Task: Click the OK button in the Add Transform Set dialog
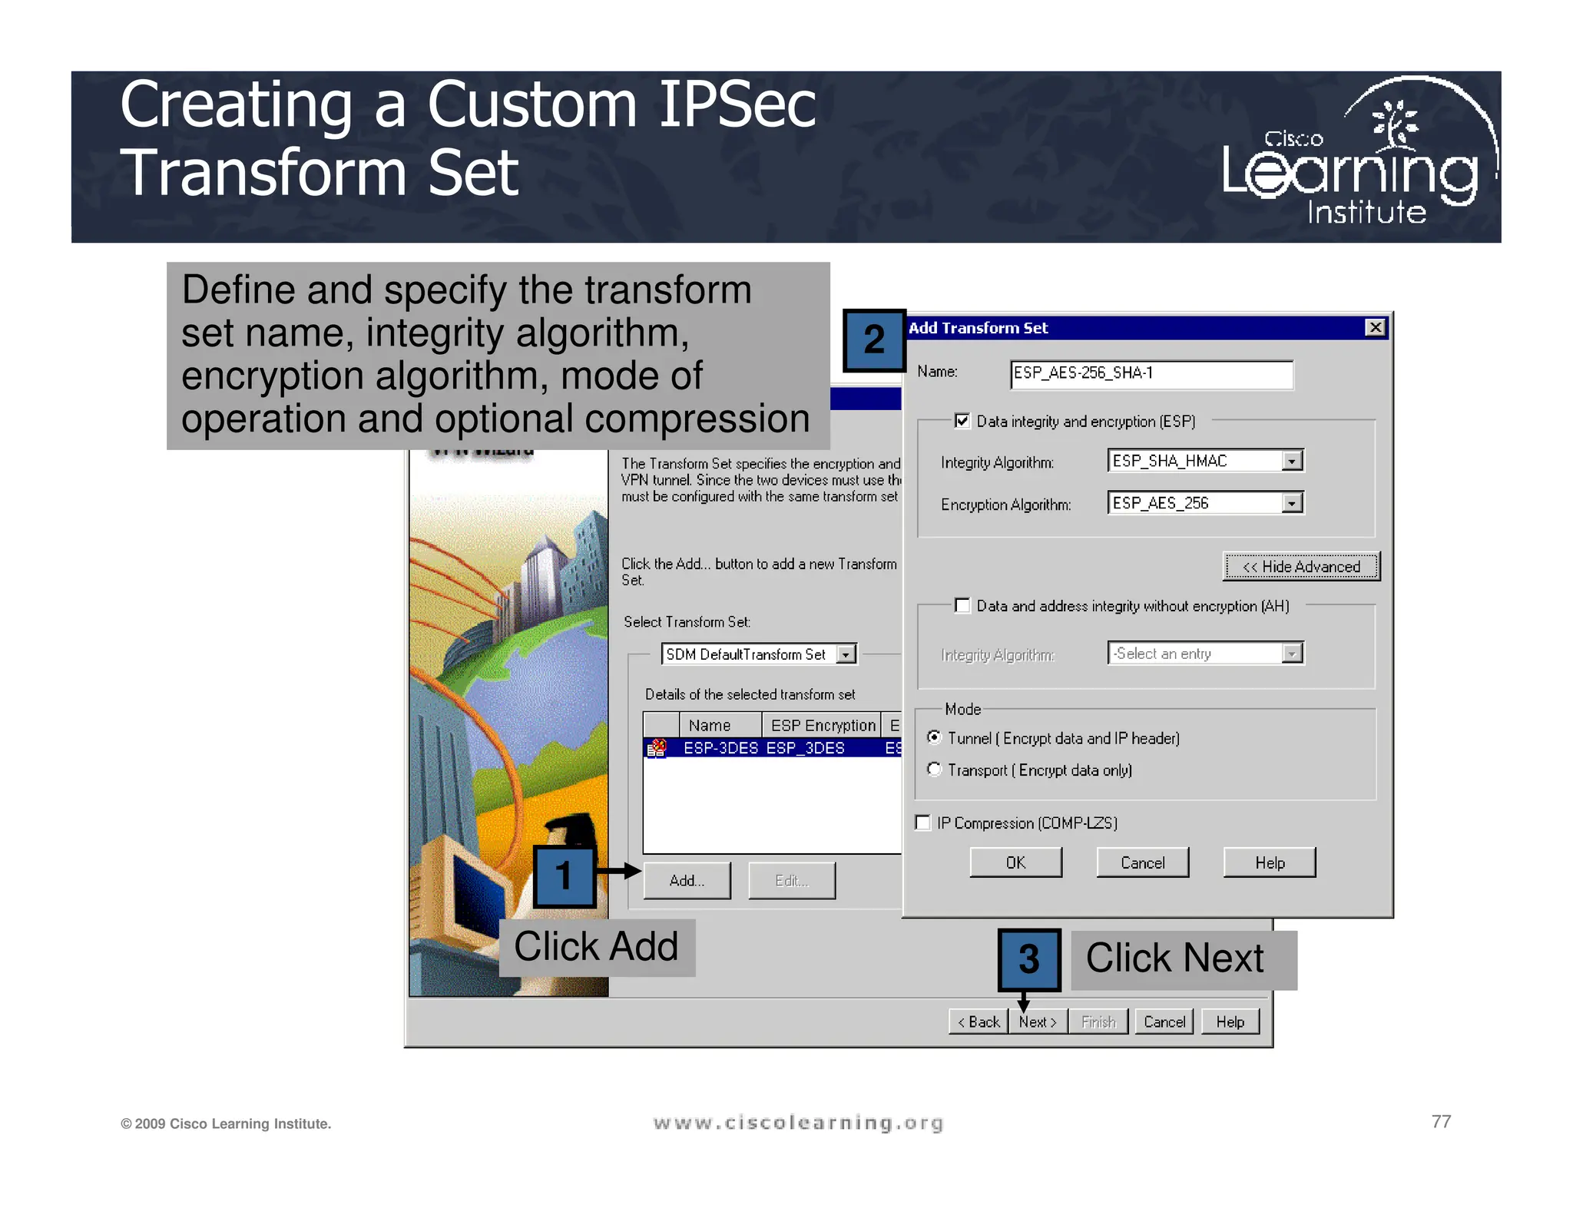click(x=1015, y=862)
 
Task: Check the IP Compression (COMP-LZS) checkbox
click(x=923, y=823)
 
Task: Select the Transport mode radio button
click(x=934, y=769)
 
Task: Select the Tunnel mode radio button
click(x=934, y=737)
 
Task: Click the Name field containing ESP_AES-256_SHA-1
click(x=1150, y=374)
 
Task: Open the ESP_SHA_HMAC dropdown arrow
click(x=1292, y=461)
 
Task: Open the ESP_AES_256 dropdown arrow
click(x=1292, y=503)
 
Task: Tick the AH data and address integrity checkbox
click(x=962, y=605)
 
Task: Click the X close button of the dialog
click(x=1375, y=328)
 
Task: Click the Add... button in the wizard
click(x=687, y=880)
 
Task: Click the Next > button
click(x=1038, y=1021)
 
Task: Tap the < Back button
click(x=979, y=1021)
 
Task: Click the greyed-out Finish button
click(x=1098, y=1021)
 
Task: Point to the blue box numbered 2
click(x=874, y=340)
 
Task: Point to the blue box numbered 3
click(x=1029, y=959)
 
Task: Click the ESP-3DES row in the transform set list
click(x=768, y=747)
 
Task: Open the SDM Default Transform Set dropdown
click(x=846, y=654)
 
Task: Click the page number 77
click(x=1441, y=1121)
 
